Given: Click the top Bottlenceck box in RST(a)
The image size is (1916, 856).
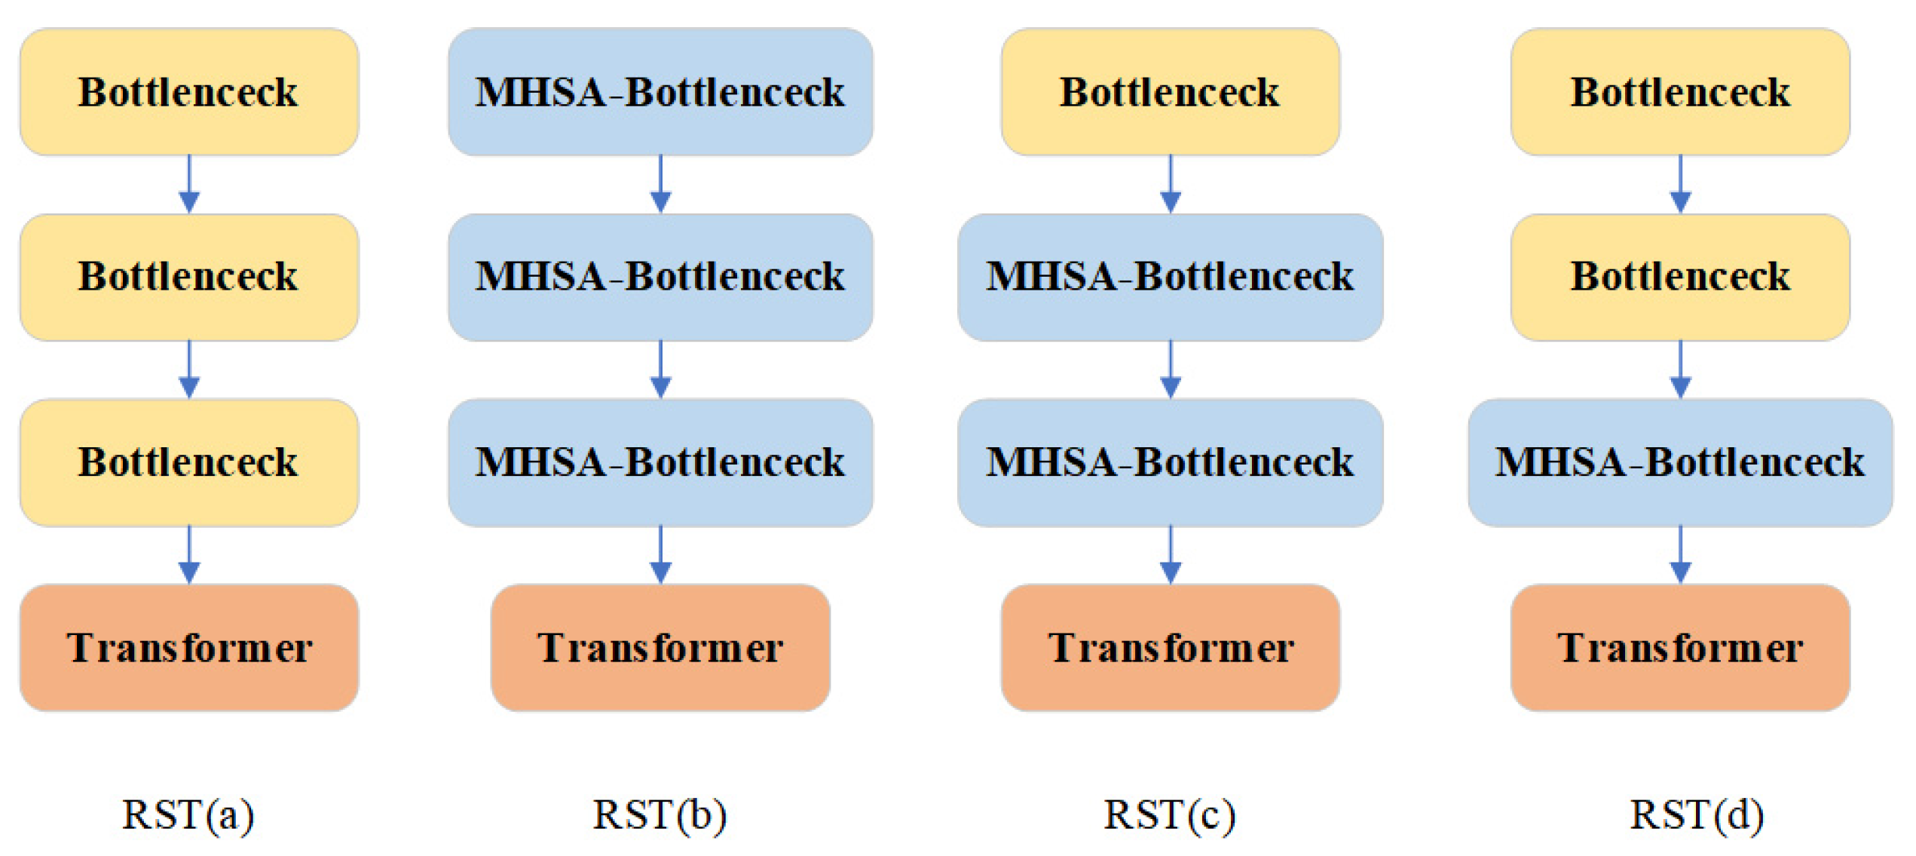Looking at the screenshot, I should [x=188, y=92].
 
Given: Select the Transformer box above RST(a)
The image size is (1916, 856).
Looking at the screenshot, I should [x=188, y=647].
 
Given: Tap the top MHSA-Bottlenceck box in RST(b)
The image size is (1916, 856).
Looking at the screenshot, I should [x=660, y=92].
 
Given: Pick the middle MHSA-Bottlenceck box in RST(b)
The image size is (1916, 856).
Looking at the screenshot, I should [x=660, y=277].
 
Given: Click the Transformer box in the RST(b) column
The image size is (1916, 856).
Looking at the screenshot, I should [x=660, y=647].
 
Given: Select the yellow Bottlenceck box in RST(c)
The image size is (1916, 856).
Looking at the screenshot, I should [x=1170, y=92].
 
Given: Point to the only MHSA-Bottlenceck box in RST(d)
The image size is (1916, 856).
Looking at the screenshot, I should [x=1680, y=462].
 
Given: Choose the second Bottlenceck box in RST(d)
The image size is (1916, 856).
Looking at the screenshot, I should [x=1680, y=277].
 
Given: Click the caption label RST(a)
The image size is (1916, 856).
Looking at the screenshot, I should [x=188, y=815].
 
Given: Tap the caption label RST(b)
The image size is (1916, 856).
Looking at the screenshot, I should [x=660, y=815].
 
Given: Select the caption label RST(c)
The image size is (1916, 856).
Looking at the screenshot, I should [x=1170, y=815].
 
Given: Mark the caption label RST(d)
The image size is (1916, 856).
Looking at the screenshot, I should [x=1697, y=815].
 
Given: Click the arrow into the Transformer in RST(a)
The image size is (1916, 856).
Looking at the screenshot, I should [x=189, y=555].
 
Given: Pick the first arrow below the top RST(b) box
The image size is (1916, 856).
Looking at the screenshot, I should [x=660, y=185].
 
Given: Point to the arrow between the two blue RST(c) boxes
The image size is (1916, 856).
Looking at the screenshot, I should [x=1170, y=370].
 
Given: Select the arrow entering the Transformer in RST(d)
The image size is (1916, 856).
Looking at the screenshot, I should [x=1680, y=555].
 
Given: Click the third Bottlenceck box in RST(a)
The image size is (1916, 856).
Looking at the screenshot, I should [x=188, y=462].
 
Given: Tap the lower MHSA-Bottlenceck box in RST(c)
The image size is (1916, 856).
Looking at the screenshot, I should [x=1170, y=462].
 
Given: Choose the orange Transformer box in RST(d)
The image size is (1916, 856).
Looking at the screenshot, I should [x=1680, y=647].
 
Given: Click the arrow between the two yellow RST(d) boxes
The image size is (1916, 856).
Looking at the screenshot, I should [x=1680, y=185].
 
